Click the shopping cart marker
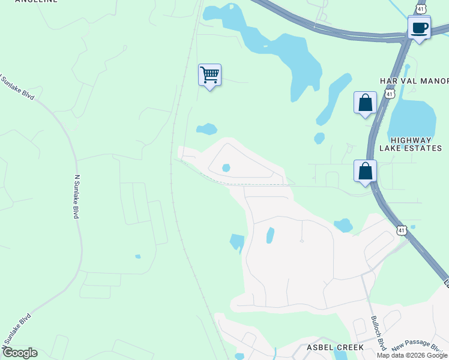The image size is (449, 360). point(209,76)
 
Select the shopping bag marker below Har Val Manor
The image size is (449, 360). point(365,103)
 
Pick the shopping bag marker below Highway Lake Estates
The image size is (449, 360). point(365,172)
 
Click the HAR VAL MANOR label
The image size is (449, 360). point(414,81)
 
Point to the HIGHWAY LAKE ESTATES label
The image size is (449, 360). point(411,144)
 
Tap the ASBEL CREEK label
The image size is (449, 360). point(336,347)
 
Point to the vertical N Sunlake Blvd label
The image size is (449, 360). point(76,196)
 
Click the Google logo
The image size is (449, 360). point(19,353)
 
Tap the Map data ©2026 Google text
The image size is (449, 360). point(412,355)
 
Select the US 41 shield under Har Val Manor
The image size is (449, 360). point(390,94)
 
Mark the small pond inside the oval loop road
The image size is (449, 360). point(226,168)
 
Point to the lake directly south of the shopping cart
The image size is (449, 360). point(207,129)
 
